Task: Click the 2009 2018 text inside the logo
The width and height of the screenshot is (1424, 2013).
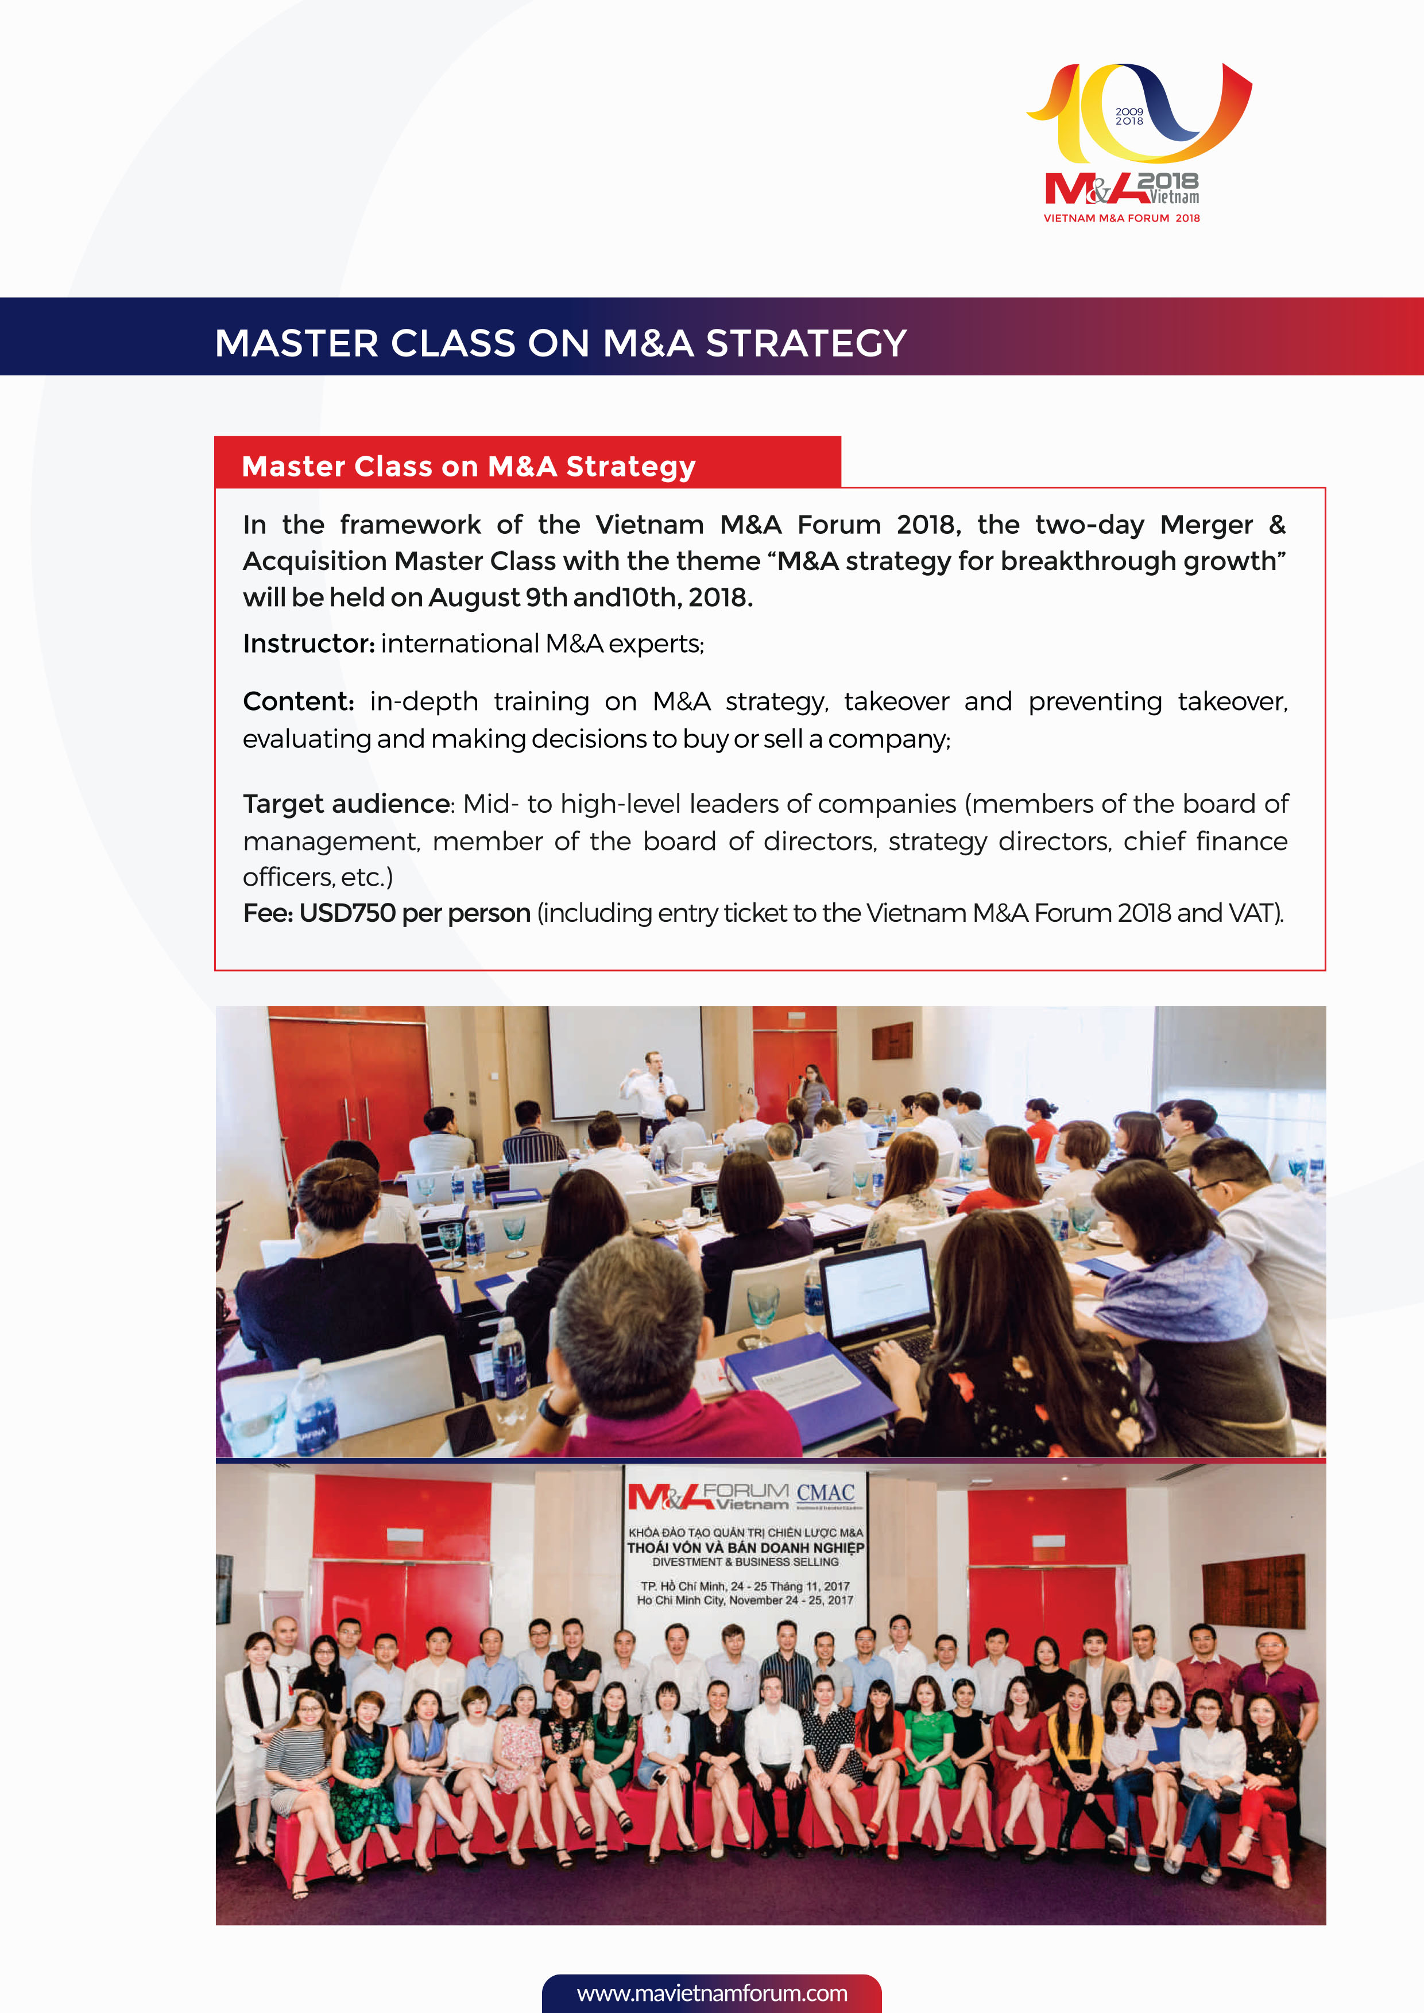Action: point(1129,117)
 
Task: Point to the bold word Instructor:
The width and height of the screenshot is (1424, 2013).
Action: point(309,643)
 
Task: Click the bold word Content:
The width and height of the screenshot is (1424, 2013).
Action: point(298,701)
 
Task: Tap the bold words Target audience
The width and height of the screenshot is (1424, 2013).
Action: point(346,804)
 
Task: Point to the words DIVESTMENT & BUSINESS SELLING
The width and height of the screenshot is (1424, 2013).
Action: point(745,1561)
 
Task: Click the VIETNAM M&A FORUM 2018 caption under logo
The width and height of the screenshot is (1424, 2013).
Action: point(1121,218)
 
